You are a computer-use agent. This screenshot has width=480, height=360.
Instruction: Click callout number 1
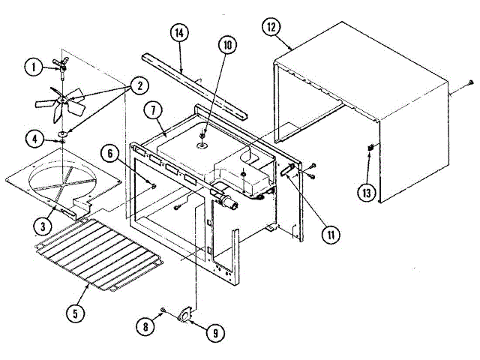tap(34, 67)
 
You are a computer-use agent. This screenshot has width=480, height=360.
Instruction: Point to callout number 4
tap(34, 138)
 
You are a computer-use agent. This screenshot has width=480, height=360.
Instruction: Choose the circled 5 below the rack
tap(74, 313)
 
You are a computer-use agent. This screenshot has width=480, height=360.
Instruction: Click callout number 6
tap(111, 154)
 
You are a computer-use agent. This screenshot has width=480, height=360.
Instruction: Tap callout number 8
tap(144, 325)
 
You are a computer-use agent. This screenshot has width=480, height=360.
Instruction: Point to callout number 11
tap(328, 233)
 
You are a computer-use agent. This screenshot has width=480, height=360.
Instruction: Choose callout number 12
tap(271, 28)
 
